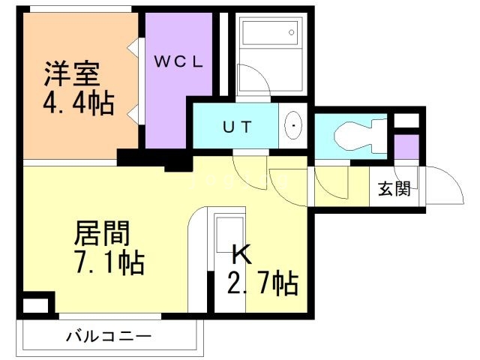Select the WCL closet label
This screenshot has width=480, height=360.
[179, 62]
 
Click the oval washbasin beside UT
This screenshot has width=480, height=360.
[294, 126]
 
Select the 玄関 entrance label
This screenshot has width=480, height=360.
[393, 188]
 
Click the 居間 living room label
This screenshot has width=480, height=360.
[101, 233]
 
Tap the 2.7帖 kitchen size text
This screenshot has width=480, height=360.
[262, 283]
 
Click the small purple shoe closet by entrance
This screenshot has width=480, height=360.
[406, 146]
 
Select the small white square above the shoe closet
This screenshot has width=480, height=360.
[406, 121]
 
